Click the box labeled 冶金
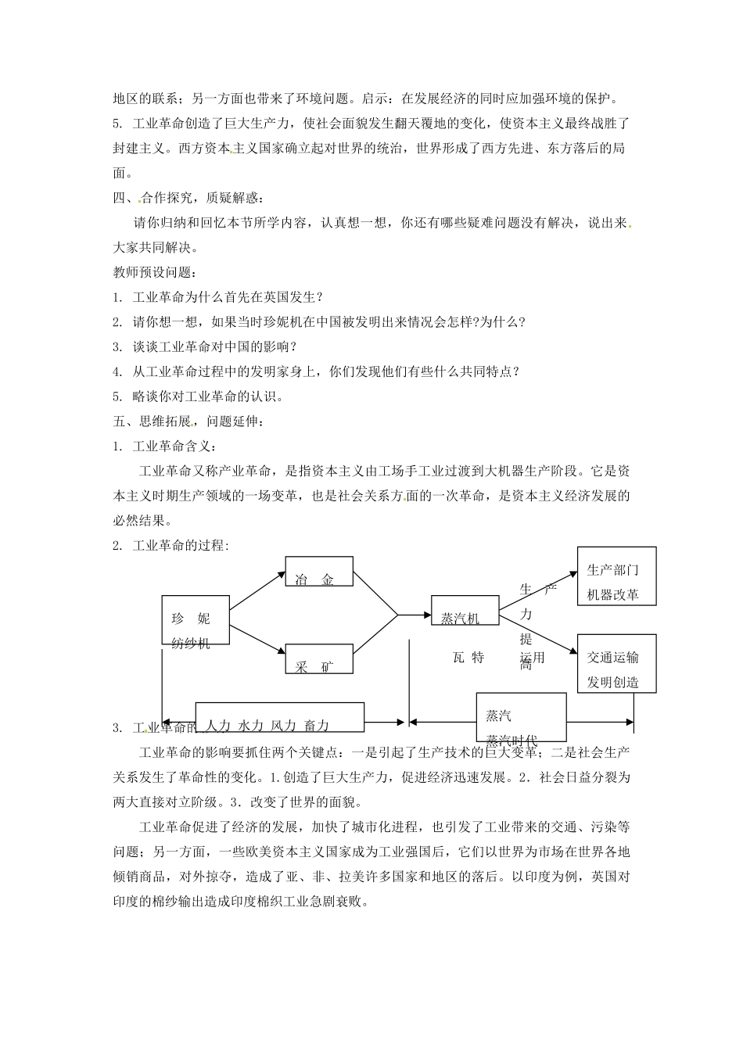[318, 571]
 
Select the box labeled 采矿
[318, 658]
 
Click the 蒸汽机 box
[465, 611]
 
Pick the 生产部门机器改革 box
[616, 576]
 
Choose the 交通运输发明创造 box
[616, 663]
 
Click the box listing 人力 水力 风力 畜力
[279, 716]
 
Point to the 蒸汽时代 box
[521, 717]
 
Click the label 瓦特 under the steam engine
[468, 658]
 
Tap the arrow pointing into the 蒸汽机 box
[415, 615]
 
